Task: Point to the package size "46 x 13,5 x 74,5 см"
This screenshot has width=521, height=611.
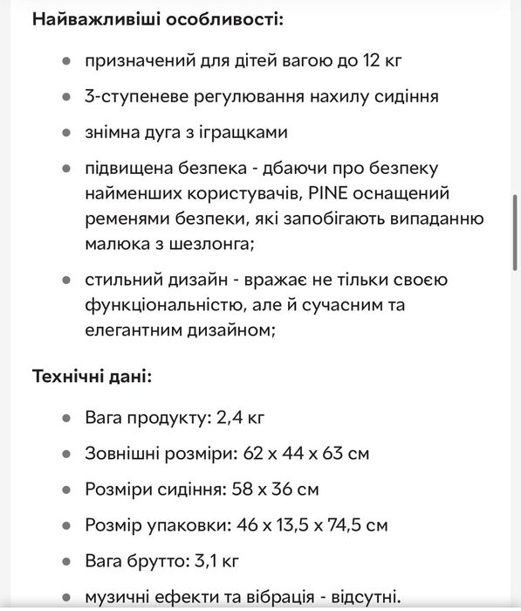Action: point(304,525)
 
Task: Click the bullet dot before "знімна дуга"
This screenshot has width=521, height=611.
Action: point(66,133)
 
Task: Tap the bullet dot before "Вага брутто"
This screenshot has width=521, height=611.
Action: point(66,561)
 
